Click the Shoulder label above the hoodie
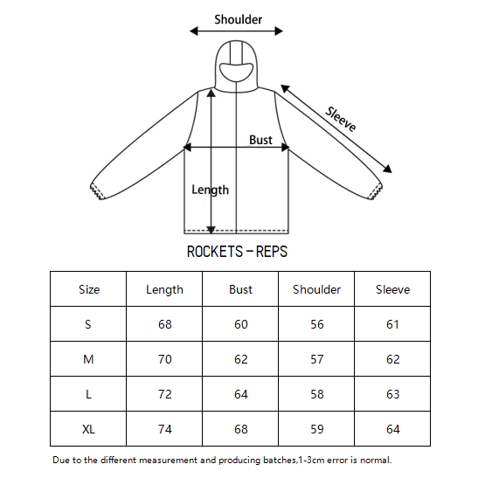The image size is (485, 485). coord(239,19)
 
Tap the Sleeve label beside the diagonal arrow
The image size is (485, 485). coord(341,119)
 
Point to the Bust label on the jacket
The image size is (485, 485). coord(260,140)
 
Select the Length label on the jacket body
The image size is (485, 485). coord(211,190)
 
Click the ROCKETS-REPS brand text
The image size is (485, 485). coord(237,252)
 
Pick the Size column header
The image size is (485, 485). coord(89,289)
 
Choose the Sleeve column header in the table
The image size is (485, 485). coord(393,289)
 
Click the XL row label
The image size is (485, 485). coord(88,429)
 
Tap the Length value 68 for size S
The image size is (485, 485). coord(165,324)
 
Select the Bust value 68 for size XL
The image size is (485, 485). coord(241,429)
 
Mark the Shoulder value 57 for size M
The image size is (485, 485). coord(317,359)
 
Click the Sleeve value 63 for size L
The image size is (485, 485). coord(393,394)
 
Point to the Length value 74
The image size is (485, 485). coord(165,429)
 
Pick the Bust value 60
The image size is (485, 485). coord(241,324)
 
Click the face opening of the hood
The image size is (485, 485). coord(236,72)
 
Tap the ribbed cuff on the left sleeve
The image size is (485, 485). coord(97,191)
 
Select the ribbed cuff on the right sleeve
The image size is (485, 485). coord(376,191)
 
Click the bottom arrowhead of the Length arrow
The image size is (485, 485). coord(211,230)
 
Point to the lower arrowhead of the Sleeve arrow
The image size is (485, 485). coord(388,169)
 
